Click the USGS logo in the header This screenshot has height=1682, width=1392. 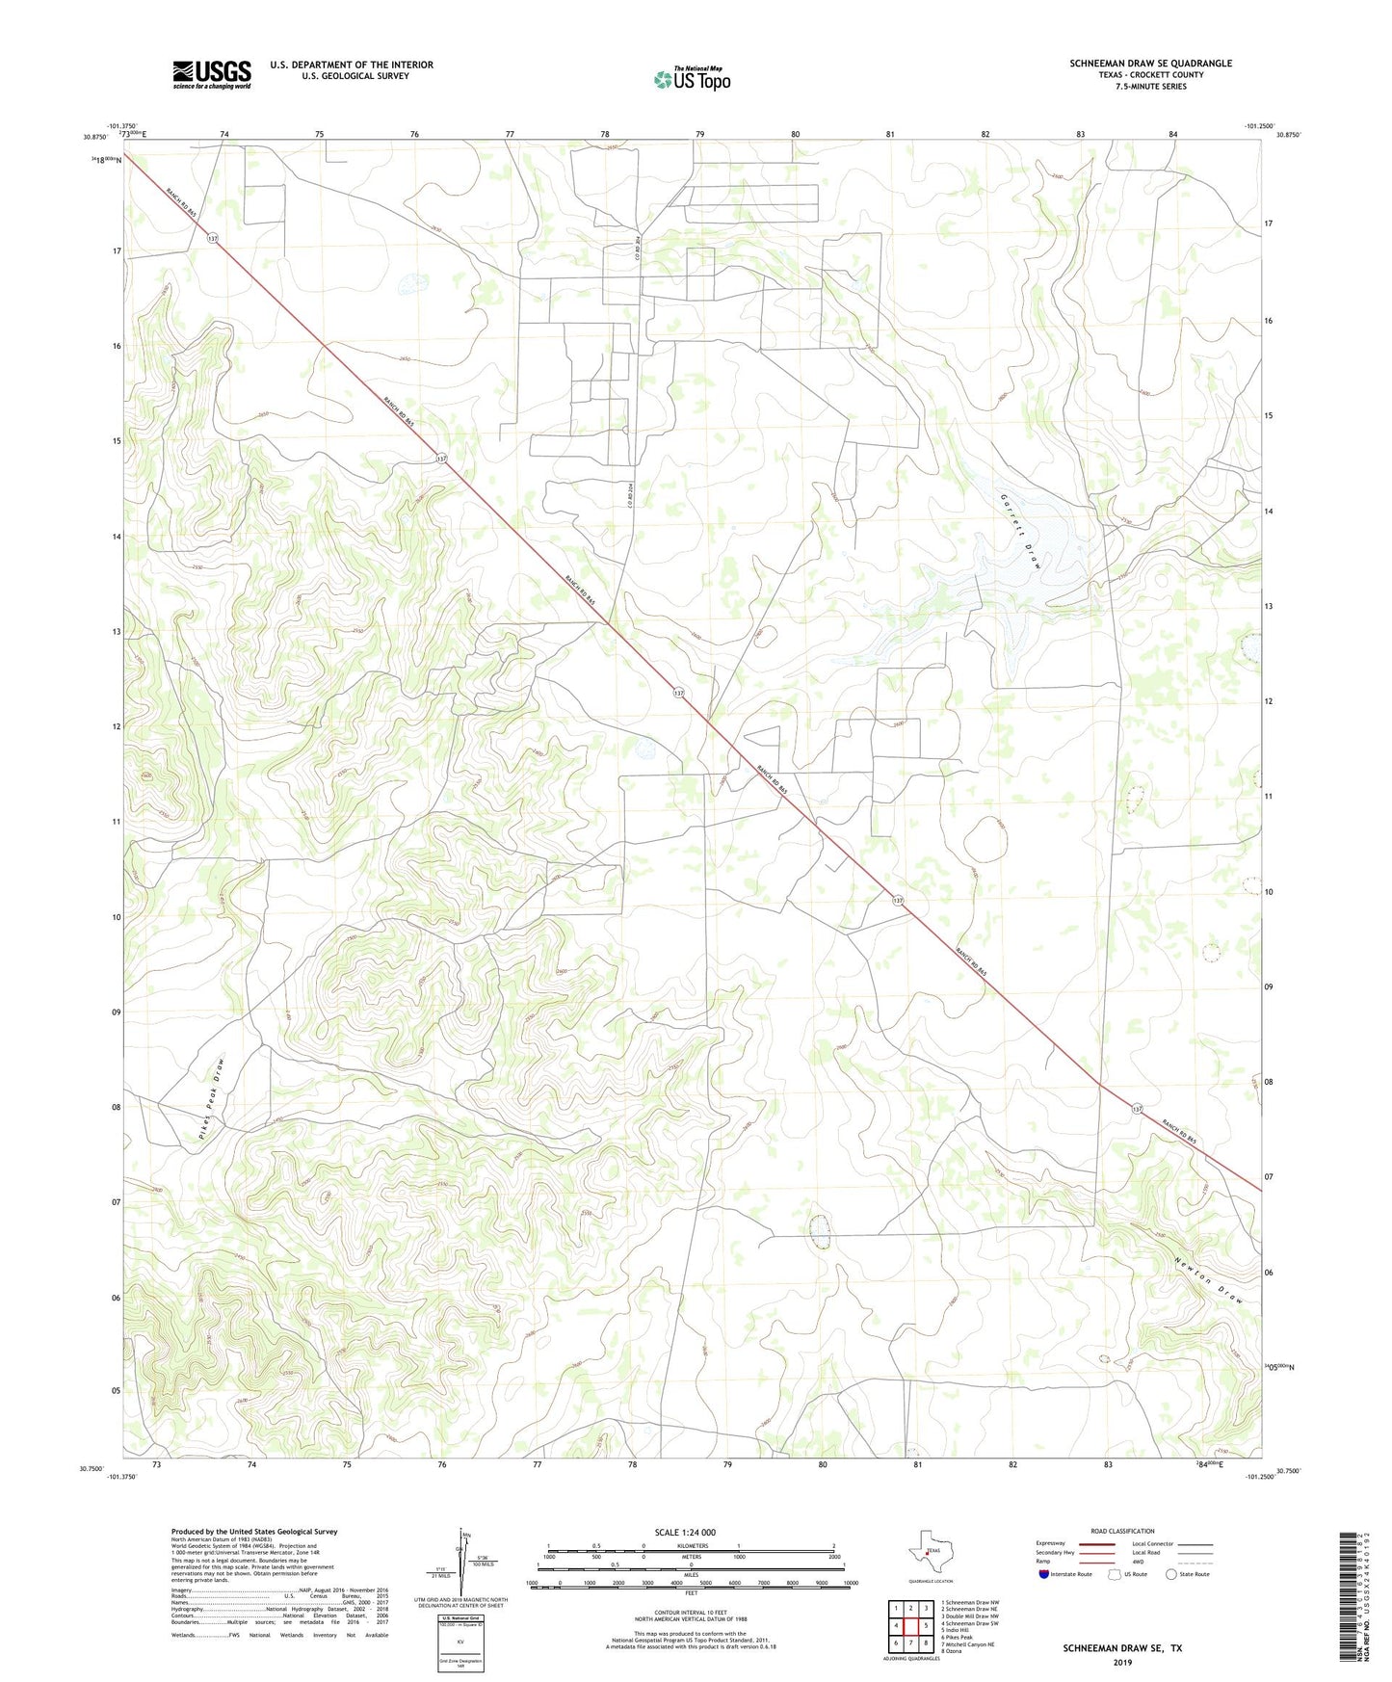[212, 74]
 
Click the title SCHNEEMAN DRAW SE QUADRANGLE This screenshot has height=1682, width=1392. [1150, 64]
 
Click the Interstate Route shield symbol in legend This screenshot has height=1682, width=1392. [1045, 1574]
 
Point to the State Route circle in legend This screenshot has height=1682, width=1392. [1171, 1574]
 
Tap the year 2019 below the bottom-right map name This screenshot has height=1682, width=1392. [1122, 1662]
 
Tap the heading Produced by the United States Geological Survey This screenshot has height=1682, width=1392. [254, 1531]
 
